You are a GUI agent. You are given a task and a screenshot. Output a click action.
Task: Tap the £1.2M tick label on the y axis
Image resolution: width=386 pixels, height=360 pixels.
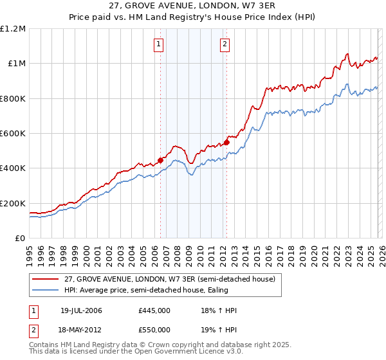[x=13, y=29]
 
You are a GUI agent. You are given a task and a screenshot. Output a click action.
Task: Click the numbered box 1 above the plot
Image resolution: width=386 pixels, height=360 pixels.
[x=158, y=44]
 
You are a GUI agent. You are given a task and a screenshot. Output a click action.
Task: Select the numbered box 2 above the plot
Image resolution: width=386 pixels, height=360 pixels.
[x=225, y=44]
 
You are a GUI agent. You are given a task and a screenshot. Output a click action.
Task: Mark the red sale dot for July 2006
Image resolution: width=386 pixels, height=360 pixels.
[x=160, y=161]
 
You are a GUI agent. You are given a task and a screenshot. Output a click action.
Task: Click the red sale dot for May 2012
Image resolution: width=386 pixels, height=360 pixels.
[x=226, y=142]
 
